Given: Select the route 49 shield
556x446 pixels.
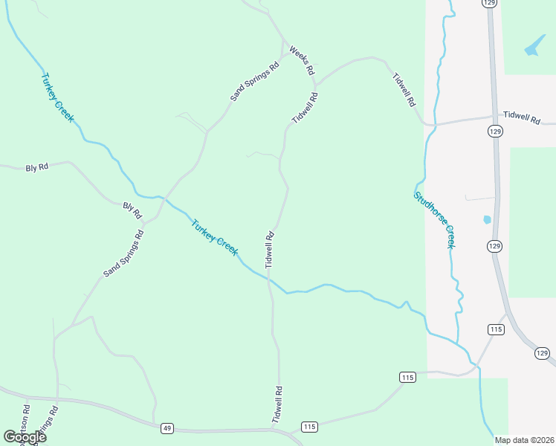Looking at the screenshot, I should tap(167, 428).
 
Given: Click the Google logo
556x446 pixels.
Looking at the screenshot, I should tap(25, 437).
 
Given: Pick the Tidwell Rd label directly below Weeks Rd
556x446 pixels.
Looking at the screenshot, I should tap(305, 108).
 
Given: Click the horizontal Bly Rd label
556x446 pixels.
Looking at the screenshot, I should tap(36, 168).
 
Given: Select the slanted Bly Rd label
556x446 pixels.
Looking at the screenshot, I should tap(132, 210).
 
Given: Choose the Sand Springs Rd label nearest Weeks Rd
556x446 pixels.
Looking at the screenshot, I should tap(254, 80).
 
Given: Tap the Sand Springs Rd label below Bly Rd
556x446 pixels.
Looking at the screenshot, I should tap(123, 253).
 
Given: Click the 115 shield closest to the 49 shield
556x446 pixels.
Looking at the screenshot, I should tap(310, 426).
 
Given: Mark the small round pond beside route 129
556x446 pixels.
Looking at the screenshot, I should tap(487, 220).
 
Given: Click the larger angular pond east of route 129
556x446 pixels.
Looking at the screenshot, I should tap(534, 48).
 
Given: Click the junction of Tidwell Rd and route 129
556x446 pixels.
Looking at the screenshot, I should tap(494, 117).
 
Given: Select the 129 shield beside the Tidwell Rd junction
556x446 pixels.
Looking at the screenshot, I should tap(496, 131).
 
